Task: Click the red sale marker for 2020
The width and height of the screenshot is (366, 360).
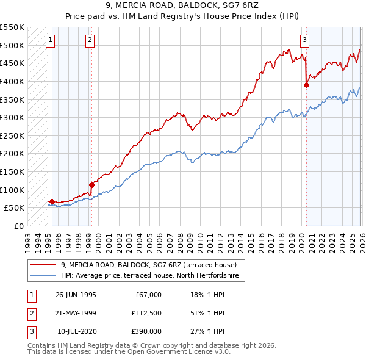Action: point(306,85)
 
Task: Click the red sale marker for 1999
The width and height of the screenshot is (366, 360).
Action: point(91,185)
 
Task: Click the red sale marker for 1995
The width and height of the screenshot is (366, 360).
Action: point(52,201)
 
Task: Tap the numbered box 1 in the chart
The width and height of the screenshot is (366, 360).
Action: point(50,40)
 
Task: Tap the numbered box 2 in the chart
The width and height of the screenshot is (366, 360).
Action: point(90,40)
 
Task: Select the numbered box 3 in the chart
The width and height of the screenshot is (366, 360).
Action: point(304,40)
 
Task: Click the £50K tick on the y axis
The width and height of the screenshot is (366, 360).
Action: point(14,207)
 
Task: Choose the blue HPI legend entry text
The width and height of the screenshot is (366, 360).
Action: point(152,276)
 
